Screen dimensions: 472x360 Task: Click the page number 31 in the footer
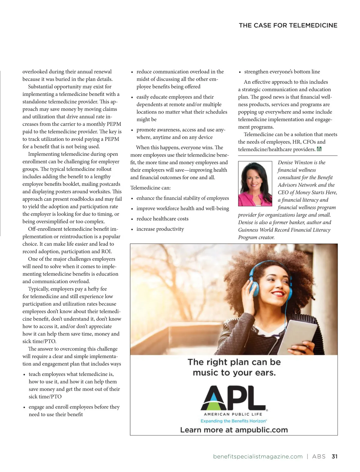[x=334, y=456]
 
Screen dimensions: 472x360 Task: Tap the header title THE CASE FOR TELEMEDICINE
[x=288, y=25]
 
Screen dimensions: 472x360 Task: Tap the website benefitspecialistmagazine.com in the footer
[x=258, y=456]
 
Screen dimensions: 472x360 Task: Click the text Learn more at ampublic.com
[x=234, y=430]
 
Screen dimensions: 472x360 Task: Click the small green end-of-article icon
[x=319, y=149]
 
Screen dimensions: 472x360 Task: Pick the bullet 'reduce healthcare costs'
[x=162, y=219]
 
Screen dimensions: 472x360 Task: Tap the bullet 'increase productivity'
[x=160, y=229]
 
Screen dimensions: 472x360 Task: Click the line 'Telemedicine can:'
[x=150, y=188]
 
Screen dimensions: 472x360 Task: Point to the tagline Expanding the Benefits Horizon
[x=233, y=421]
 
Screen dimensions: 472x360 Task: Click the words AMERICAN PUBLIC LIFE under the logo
[x=233, y=414]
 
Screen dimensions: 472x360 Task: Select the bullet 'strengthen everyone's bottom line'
[x=282, y=72]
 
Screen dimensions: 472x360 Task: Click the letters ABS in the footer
[x=319, y=456]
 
